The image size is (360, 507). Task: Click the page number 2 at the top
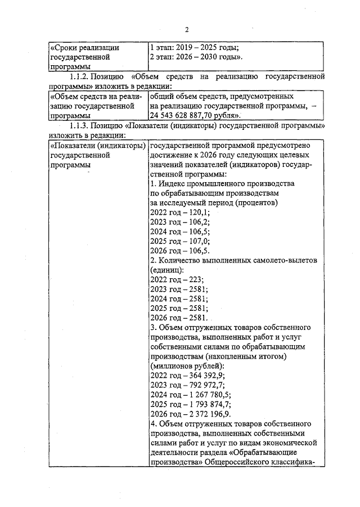click(x=187, y=29)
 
